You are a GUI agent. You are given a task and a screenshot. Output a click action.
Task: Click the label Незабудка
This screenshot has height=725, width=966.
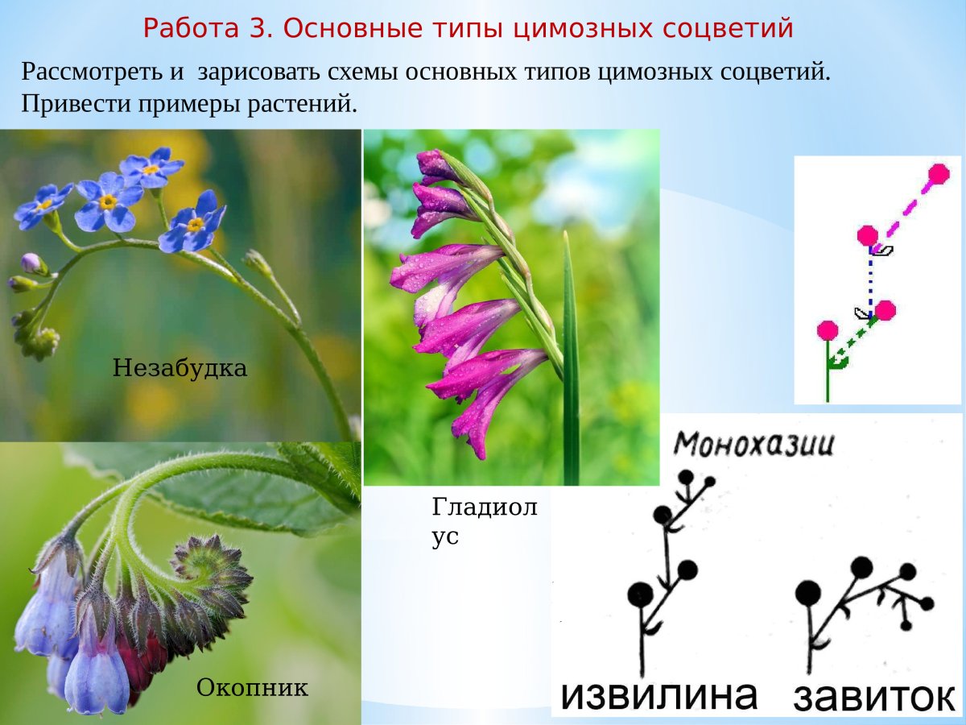(x=180, y=369)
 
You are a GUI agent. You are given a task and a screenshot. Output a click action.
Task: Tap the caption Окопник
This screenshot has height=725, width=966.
(x=252, y=688)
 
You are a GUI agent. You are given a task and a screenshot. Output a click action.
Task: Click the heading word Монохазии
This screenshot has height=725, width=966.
(x=753, y=444)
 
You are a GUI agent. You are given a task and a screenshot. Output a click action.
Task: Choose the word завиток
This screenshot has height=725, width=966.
(x=874, y=697)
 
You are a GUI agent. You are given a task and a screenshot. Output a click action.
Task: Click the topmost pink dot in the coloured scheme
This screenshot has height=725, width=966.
(x=938, y=173)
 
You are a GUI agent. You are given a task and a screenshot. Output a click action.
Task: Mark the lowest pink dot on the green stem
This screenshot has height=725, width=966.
(x=827, y=330)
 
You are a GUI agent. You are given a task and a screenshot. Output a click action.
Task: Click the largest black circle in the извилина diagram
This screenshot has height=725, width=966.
(x=641, y=594)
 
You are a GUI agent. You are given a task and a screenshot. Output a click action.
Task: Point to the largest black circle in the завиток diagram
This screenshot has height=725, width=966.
(x=807, y=594)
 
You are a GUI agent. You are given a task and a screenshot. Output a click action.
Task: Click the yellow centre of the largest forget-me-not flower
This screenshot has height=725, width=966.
(x=108, y=201)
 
